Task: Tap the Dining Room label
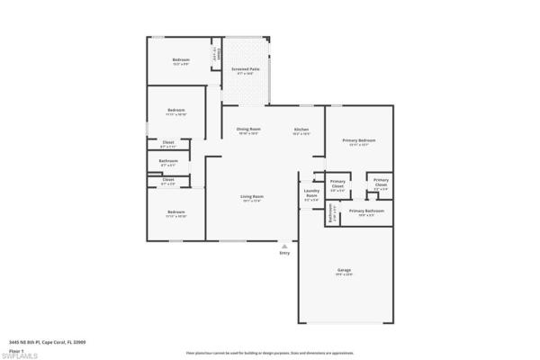click(x=247, y=129)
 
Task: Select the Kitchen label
click(x=301, y=130)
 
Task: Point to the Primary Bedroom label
click(x=358, y=140)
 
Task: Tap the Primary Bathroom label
click(x=366, y=210)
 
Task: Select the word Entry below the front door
click(x=284, y=253)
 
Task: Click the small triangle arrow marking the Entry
click(x=284, y=245)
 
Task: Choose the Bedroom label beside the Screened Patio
click(x=180, y=60)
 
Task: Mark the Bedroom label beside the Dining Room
click(x=175, y=112)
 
